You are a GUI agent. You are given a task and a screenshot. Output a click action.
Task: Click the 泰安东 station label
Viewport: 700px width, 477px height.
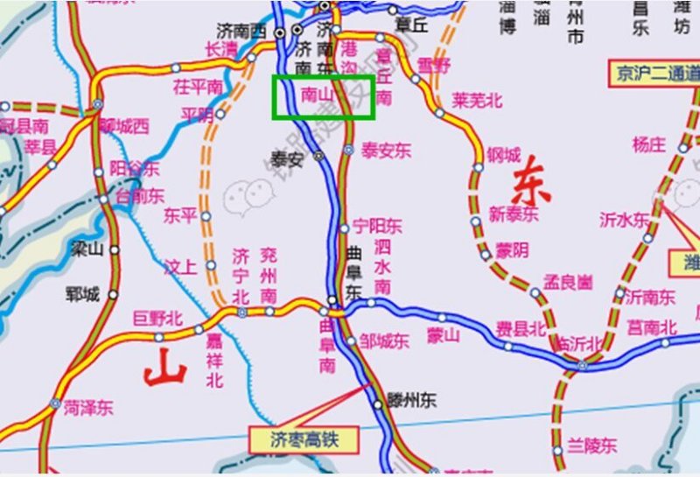coord(386,151)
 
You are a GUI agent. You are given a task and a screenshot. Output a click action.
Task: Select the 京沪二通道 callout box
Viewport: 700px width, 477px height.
coord(655,74)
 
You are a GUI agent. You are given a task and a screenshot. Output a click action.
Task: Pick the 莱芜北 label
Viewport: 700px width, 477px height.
coord(477,101)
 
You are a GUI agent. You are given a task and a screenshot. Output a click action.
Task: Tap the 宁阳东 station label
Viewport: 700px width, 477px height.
coord(377,227)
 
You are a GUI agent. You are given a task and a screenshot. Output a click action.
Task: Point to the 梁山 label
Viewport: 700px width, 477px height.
coord(87,250)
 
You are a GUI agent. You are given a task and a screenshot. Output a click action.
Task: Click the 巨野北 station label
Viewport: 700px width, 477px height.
coord(157,319)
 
